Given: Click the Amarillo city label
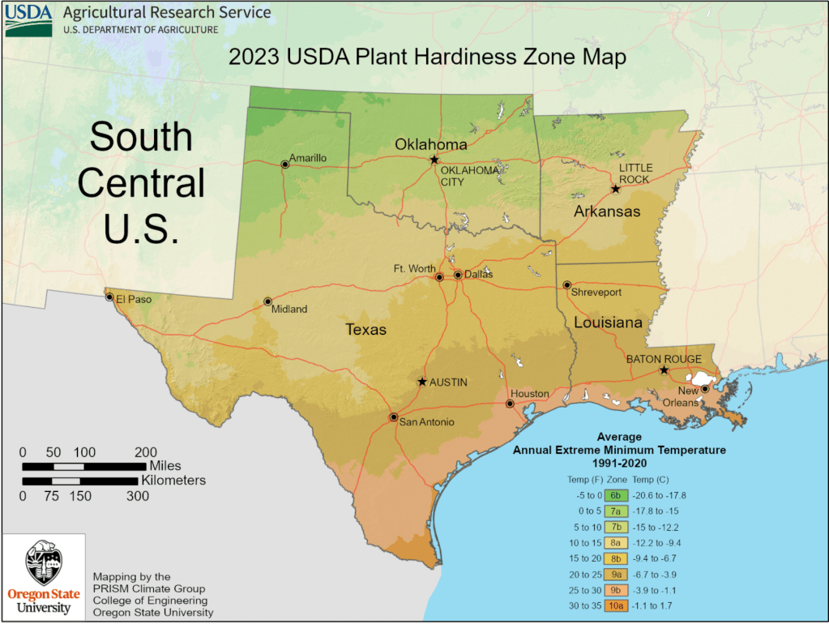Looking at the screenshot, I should (x=309, y=157).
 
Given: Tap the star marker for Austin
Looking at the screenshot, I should (x=421, y=381).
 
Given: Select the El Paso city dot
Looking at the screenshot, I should (x=109, y=297).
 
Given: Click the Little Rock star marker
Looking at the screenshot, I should (x=615, y=189).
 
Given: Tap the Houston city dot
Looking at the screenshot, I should (x=510, y=404).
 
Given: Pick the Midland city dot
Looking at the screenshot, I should (x=267, y=301).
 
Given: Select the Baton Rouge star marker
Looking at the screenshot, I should (x=664, y=370).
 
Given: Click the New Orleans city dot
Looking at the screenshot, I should (x=705, y=389).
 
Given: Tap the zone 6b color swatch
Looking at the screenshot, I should (x=616, y=495).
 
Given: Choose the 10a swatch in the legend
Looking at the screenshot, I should (x=616, y=605).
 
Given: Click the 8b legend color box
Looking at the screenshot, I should (x=616, y=558).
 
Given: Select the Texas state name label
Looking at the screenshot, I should (x=366, y=330).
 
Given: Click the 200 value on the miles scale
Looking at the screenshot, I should (x=146, y=452).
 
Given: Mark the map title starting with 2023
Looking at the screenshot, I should (x=427, y=58).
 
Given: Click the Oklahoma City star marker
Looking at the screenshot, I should (x=434, y=160).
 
